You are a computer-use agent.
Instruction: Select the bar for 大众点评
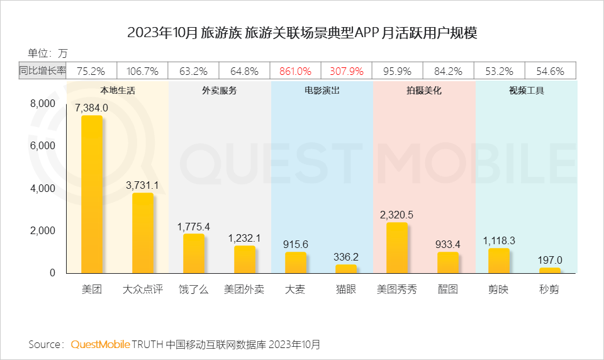click(x=143, y=233)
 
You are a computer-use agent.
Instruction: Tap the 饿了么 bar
click(x=194, y=253)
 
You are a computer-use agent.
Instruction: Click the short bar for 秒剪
click(x=550, y=270)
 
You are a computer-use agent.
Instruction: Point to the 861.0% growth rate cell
click(x=295, y=71)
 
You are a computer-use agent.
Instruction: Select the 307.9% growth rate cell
click(x=346, y=71)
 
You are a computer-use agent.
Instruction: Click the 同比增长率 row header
click(x=42, y=71)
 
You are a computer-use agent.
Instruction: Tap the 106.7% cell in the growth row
click(x=143, y=71)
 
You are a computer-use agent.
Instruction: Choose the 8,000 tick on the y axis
click(x=43, y=103)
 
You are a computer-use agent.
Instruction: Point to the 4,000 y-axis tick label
click(x=43, y=188)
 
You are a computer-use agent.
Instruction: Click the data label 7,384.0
click(x=92, y=108)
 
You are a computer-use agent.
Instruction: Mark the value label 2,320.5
click(x=397, y=215)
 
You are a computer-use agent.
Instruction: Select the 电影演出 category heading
click(x=322, y=91)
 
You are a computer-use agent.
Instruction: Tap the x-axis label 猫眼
click(x=346, y=290)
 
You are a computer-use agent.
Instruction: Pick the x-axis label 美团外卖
click(x=244, y=290)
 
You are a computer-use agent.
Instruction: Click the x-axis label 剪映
click(x=499, y=290)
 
